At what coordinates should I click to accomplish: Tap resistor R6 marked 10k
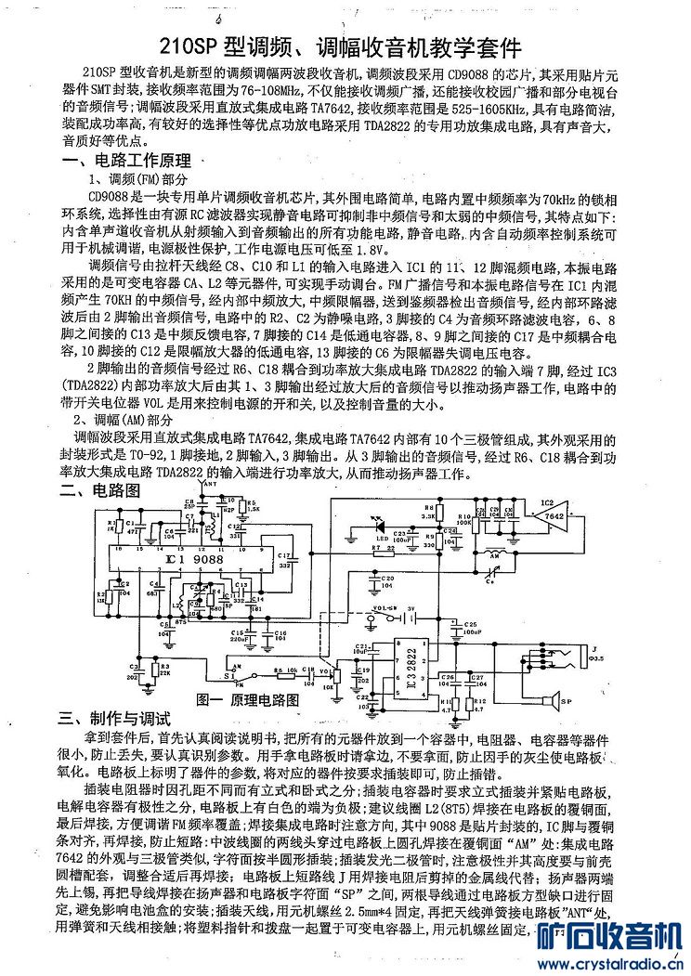pyautogui.click(x=278, y=670)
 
